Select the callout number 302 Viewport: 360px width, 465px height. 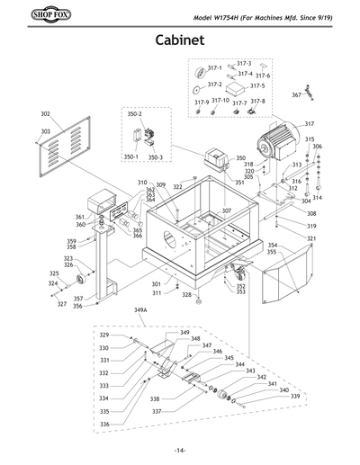pyautogui.click(x=45, y=115)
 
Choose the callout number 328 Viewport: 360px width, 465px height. pyautogui.click(x=186, y=294)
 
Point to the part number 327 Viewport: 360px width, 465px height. pyautogui.click(x=62, y=304)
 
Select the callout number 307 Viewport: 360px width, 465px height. pyautogui.click(x=227, y=210)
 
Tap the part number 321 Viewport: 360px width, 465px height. pyautogui.click(x=311, y=238)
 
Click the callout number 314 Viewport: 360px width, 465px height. pyautogui.click(x=317, y=197)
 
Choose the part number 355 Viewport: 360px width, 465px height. pyautogui.click(x=272, y=253)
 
